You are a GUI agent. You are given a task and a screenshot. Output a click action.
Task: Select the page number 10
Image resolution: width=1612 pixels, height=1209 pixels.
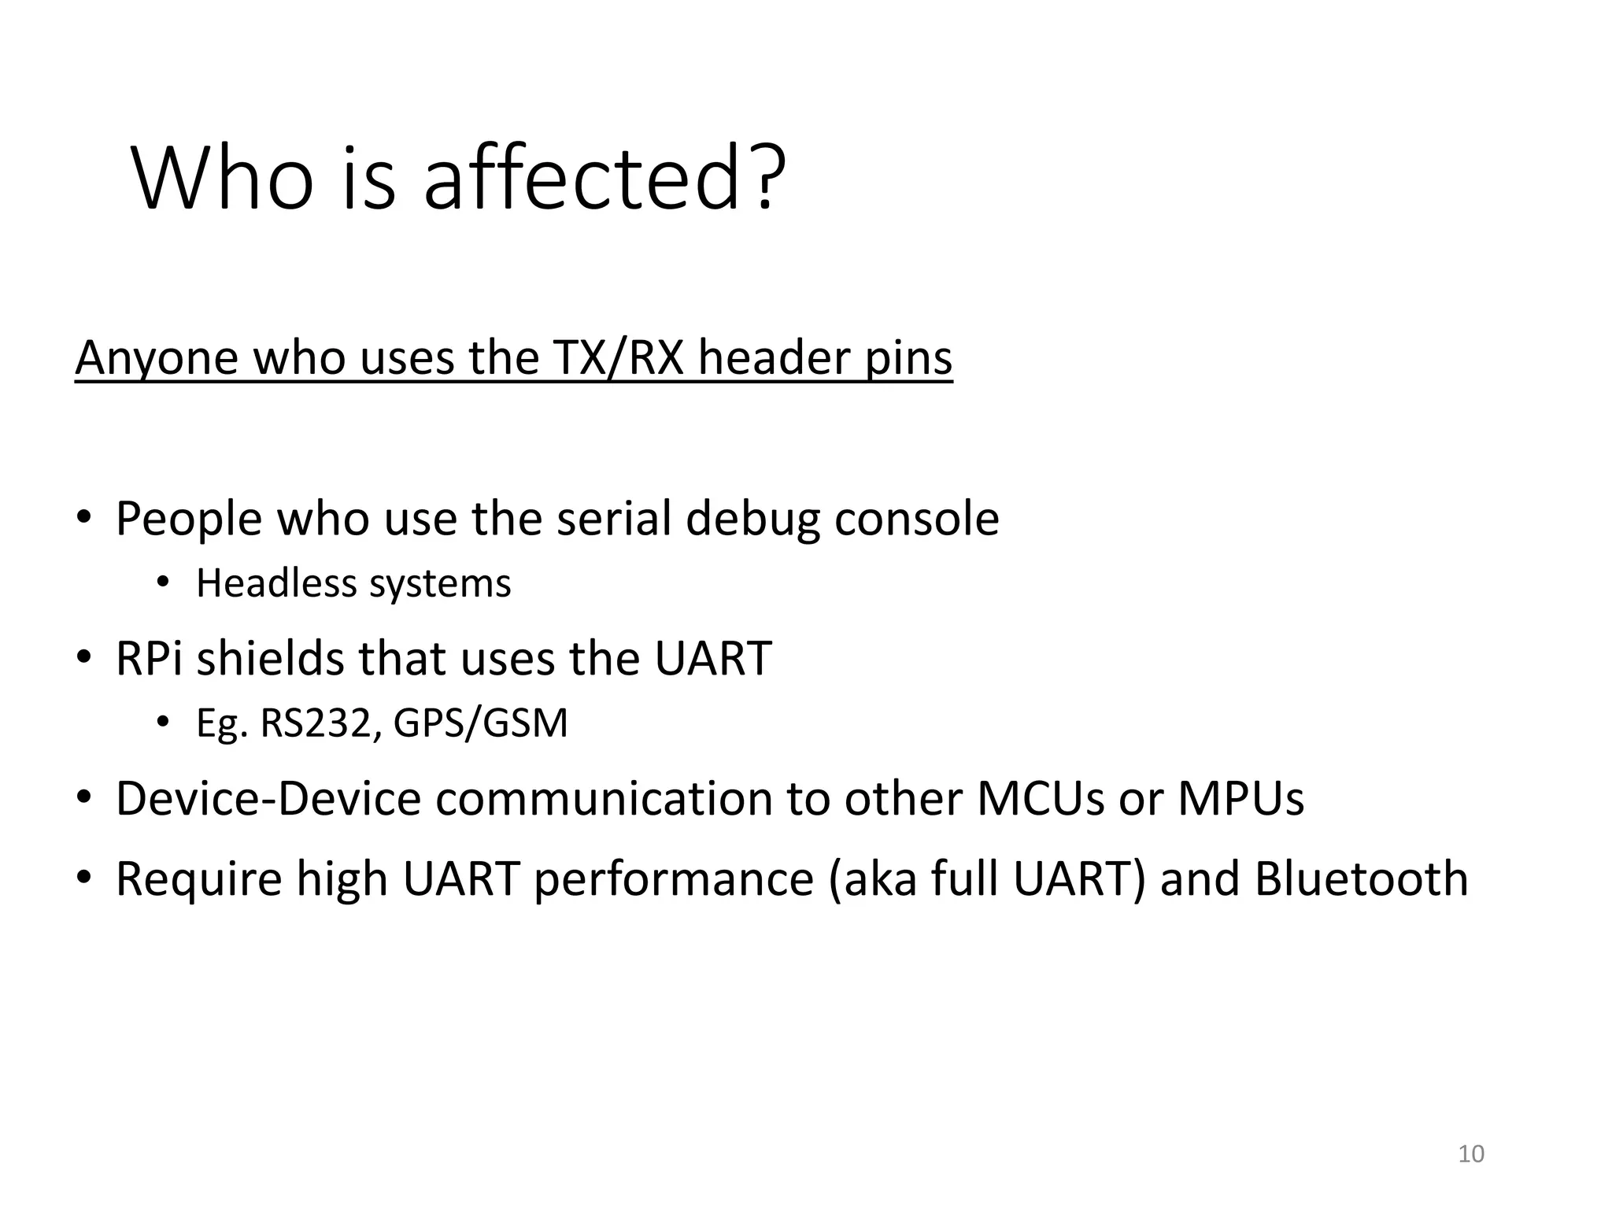tap(1471, 1154)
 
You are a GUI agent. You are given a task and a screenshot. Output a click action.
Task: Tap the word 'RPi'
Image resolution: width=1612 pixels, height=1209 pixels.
tap(150, 658)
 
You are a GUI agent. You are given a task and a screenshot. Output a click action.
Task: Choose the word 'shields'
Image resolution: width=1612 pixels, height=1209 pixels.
tap(270, 658)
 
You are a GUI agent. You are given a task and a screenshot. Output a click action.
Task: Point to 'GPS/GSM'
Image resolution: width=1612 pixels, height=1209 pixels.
tap(480, 723)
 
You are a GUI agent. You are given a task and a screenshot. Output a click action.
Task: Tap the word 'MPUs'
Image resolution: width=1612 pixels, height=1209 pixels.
tap(1240, 798)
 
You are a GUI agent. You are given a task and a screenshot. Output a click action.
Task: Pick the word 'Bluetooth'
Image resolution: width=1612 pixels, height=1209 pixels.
tap(1361, 879)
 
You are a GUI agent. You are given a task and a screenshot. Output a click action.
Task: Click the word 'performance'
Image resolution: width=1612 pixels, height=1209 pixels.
tap(674, 879)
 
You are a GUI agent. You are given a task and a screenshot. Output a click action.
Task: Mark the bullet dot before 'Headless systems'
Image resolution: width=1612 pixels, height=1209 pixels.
tap(163, 582)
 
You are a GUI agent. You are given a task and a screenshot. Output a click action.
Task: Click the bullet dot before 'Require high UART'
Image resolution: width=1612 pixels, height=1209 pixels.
tap(84, 877)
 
